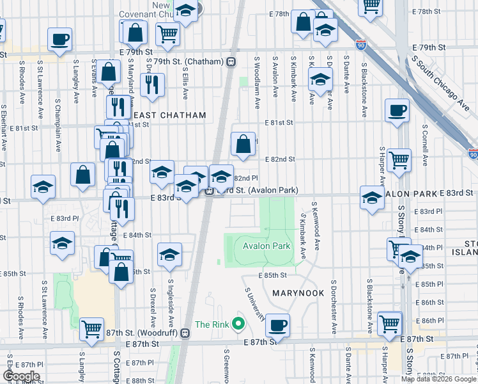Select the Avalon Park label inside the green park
point(266,246)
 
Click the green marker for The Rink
point(239,324)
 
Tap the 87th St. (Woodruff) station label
point(148,333)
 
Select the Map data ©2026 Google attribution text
point(438,379)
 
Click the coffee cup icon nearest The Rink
point(277,325)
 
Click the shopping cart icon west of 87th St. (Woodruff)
point(92,329)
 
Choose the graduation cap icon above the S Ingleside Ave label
point(169,255)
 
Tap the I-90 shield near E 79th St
point(362,45)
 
